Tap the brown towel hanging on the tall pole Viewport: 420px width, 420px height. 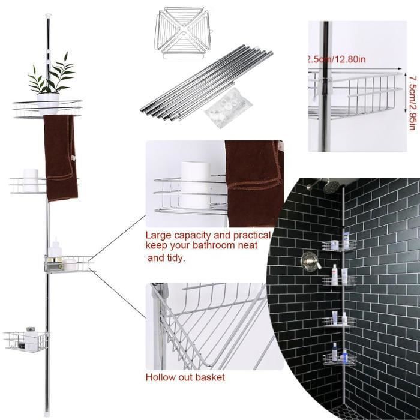click(x=60, y=157)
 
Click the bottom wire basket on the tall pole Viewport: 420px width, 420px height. click(x=26, y=341)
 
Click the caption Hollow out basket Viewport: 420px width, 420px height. click(x=185, y=377)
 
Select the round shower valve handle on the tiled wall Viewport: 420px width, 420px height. click(x=310, y=261)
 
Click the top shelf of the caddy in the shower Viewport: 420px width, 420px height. click(x=339, y=245)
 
